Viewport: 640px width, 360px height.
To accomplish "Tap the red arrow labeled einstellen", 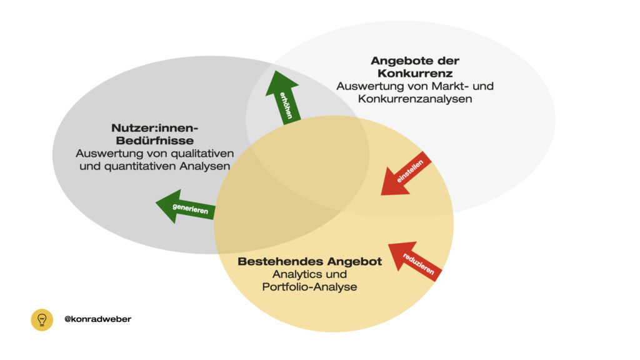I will tap(407, 173).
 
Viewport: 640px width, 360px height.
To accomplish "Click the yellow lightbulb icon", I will tap(42, 319).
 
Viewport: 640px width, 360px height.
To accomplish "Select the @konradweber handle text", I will tap(97, 319).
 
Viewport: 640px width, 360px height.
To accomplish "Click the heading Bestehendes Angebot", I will tap(309, 262).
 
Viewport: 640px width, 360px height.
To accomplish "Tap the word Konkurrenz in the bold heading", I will tap(414, 72).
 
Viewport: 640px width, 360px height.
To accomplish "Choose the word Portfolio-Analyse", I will tap(309, 287).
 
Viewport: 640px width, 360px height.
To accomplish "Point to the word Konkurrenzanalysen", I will tap(414, 98).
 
